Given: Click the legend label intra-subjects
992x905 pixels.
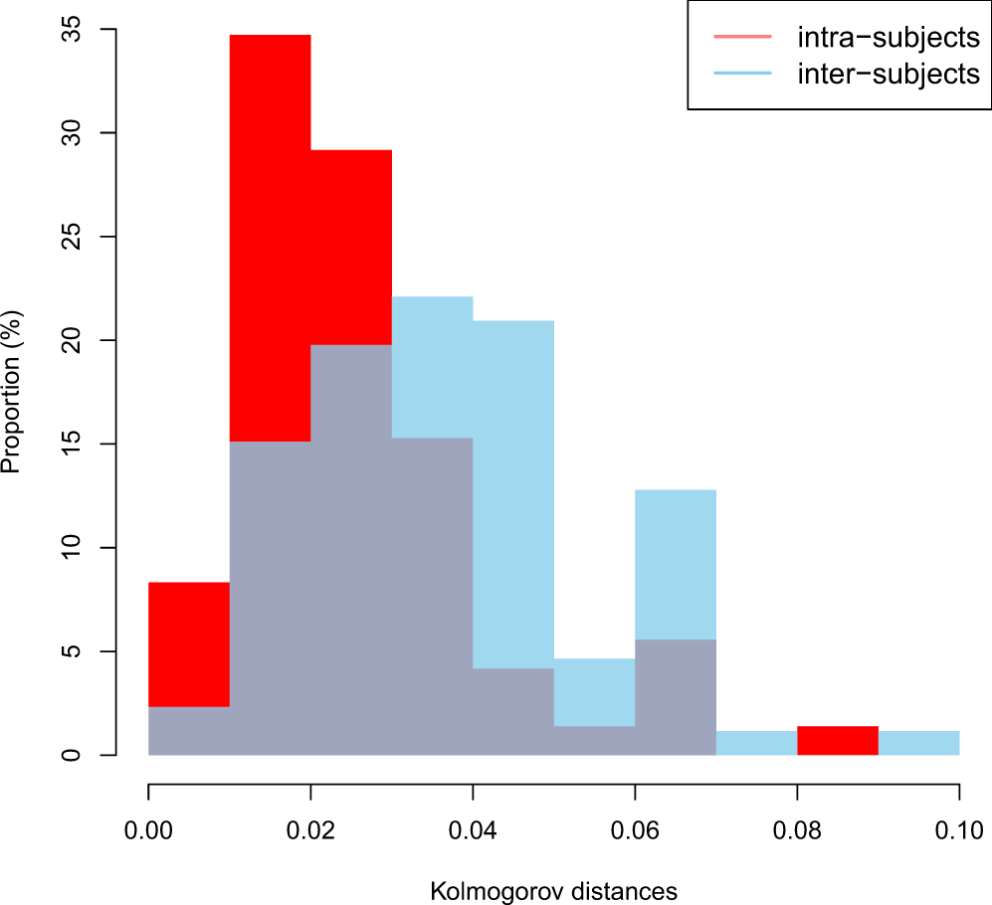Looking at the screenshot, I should tap(889, 39).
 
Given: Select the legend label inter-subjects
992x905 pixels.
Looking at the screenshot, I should tap(889, 74).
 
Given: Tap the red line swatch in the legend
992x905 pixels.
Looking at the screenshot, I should tap(741, 39).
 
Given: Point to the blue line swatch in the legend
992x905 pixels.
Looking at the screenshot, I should tap(741, 74).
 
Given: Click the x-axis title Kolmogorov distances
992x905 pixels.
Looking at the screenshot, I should tap(553, 891).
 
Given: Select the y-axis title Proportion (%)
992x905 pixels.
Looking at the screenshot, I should tap(13, 393).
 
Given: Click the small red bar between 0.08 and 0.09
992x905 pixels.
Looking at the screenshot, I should tap(838, 741).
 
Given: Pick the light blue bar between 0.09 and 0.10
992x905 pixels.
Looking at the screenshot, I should tap(918, 743).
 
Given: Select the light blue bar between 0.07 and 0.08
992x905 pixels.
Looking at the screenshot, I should tap(756, 743).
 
